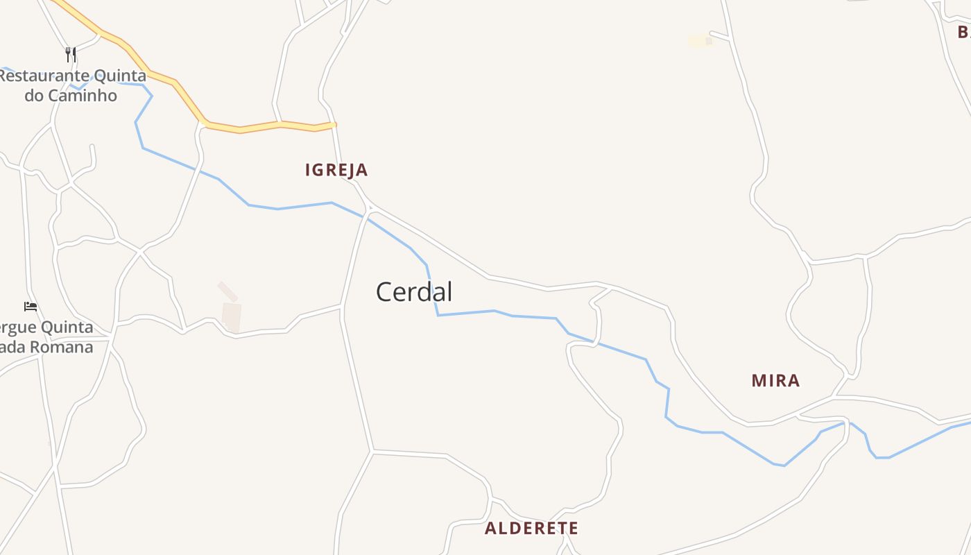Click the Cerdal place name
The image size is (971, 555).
[414, 292]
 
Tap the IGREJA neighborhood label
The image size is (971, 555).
[336, 170]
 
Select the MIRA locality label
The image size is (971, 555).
[775, 380]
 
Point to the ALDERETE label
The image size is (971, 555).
[531, 528]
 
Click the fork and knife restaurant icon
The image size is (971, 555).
[71, 54]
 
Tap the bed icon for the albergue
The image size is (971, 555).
[31, 306]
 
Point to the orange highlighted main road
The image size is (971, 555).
[260, 126]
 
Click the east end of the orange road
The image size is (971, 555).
[334, 125]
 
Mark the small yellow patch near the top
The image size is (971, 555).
[701, 41]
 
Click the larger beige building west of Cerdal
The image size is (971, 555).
[232, 316]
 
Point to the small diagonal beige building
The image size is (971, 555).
[227, 291]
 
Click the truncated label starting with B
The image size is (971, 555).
[963, 32]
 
